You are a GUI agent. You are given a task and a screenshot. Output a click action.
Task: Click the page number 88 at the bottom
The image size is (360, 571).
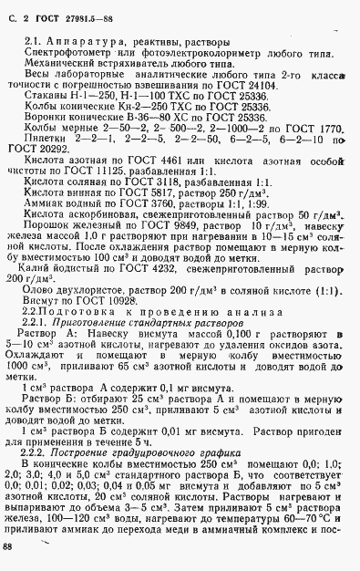tap(8, 545)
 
